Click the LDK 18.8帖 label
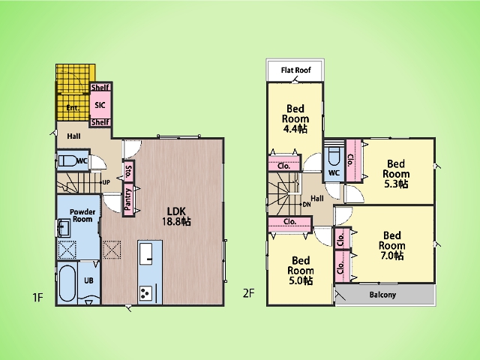[176, 216]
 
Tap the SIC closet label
[100, 105]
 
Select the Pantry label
[128, 199]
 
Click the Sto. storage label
[128, 172]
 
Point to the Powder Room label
[82, 215]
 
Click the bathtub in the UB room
[67, 283]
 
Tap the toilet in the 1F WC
[68, 160]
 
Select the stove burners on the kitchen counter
[145, 294]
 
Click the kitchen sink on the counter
[145, 253]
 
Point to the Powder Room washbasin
[64, 228]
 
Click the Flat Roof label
[295, 70]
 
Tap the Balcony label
[382, 295]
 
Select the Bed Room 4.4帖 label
[295, 118]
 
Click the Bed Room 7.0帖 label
[391, 245]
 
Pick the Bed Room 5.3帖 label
[396, 174]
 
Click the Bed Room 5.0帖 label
[301, 271]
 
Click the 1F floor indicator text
[37, 297]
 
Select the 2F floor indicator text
[248, 293]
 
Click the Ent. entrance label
[73, 108]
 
